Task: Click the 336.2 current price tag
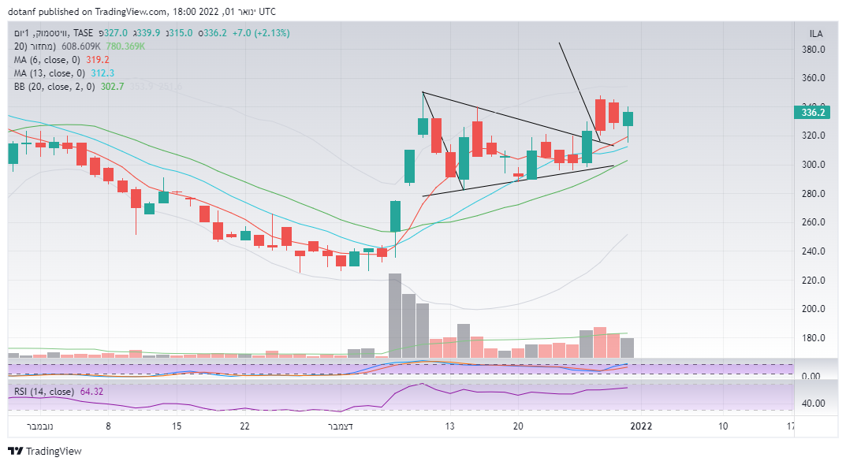point(812,113)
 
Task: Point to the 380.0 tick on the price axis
point(813,50)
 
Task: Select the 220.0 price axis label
point(813,280)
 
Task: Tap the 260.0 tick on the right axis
point(813,222)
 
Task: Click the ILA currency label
point(816,33)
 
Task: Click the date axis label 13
point(450,426)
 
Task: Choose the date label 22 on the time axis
point(245,426)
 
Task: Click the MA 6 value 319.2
point(98,59)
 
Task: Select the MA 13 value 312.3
point(102,73)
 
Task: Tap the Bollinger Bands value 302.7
point(113,86)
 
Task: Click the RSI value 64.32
point(91,392)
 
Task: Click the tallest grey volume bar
point(395,315)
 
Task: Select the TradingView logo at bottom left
point(45,452)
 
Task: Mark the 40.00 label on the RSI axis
point(813,403)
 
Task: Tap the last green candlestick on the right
point(628,119)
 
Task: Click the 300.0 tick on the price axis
point(813,165)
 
